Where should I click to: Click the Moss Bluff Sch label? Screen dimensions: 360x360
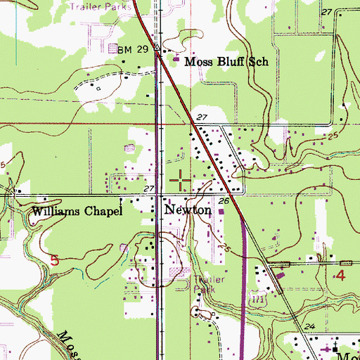tap(226, 62)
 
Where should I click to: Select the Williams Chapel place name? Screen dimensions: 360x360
tap(77, 211)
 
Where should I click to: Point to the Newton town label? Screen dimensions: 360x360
tap(188, 210)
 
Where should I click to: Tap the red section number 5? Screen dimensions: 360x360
tap(54, 260)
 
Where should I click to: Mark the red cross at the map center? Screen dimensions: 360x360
tap(180, 180)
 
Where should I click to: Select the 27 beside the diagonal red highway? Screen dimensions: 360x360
tap(202, 117)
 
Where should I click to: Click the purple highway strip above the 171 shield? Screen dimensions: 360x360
tap(243, 253)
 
